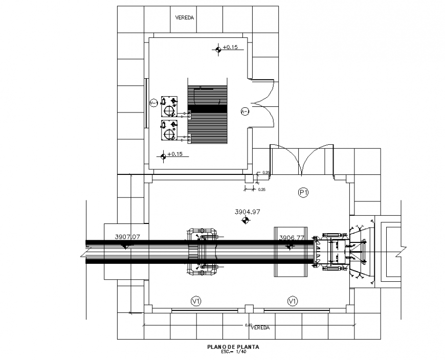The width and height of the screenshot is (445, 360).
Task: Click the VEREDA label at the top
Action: (184, 17)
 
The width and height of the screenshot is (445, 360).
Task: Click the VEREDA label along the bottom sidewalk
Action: (260, 327)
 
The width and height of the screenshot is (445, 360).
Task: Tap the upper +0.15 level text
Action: (231, 48)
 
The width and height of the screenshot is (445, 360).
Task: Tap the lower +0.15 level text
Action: (175, 154)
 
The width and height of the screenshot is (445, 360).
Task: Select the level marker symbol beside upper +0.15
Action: (218, 49)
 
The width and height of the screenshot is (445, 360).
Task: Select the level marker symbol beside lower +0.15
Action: (163, 156)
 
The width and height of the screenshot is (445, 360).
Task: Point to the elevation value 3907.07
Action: (127, 237)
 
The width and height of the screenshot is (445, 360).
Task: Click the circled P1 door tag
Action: (303, 192)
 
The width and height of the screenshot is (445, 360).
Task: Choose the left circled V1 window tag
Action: (195, 301)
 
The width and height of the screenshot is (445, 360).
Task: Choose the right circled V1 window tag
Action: (292, 301)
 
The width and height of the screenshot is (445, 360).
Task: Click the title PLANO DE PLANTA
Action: (233, 347)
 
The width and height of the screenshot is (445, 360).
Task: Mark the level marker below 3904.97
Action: (246, 220)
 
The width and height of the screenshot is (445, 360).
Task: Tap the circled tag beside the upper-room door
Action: (244, 110)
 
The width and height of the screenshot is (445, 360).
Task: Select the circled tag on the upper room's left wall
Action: (153, 103)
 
